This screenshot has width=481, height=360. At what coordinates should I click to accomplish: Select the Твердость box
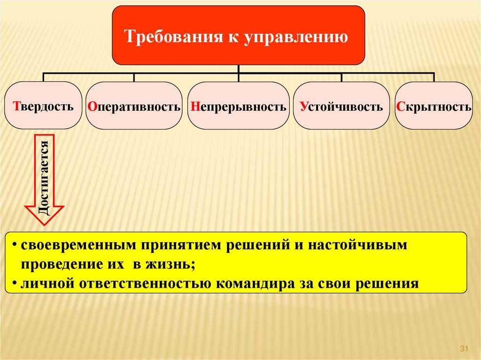[44, 105]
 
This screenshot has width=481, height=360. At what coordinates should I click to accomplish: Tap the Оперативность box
[134, 106]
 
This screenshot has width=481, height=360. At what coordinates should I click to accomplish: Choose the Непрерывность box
[239, 106]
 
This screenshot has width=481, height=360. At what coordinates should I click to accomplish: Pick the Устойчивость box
[341, 106]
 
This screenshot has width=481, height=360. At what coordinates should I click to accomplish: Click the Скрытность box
[434, 106]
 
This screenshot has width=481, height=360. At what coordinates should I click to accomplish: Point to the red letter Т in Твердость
[16, 106]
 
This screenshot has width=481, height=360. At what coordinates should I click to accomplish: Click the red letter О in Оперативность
[91, 106]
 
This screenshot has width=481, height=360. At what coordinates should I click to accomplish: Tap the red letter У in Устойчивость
[303, 106]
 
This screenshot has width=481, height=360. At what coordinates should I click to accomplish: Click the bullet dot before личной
[15, 283]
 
